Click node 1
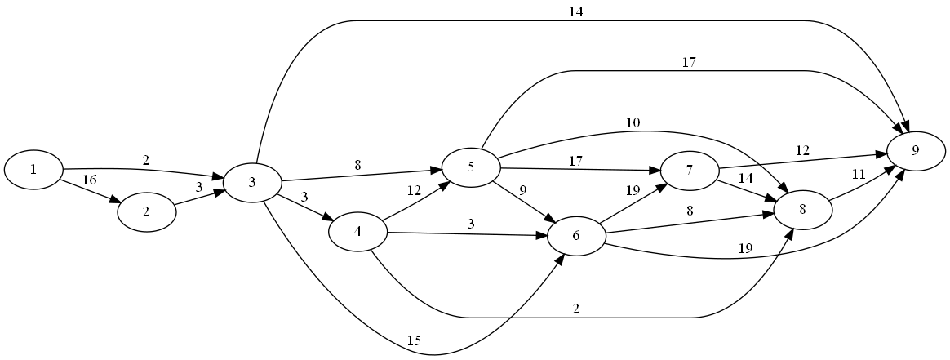33,170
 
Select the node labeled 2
147,212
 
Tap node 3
253,181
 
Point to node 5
471,168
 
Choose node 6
576,237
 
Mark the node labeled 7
690,171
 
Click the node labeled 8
803,209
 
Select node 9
916,151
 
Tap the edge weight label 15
414,340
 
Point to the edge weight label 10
633,123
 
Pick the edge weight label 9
522,191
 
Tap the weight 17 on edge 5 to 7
576,161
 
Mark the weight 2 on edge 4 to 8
576,309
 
